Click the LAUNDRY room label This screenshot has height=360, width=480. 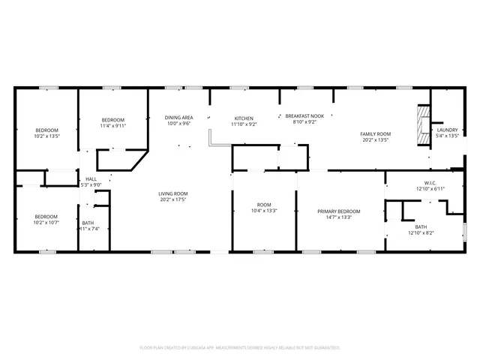click(447, 130)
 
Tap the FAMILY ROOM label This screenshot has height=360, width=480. click(376, 133)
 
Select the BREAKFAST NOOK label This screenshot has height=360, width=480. click(304, 116)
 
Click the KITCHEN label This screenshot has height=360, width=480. click(244, 118)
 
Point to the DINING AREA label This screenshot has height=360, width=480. click(178, 118)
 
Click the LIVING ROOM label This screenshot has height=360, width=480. click(172, 194)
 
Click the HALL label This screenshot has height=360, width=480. click(91, 179)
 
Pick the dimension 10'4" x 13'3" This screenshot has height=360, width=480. click(264, 211)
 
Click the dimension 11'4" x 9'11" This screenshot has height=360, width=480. click(113, 126)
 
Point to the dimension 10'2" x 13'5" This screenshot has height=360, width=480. click(46, 136)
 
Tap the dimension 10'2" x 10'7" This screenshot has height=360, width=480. click(46, 222)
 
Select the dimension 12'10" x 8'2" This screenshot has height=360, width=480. click(420, 232)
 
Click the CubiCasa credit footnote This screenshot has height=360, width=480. click(240, 347)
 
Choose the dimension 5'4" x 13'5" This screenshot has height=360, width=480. click(447, 136)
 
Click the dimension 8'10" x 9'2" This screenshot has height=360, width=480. click(304, 122)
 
